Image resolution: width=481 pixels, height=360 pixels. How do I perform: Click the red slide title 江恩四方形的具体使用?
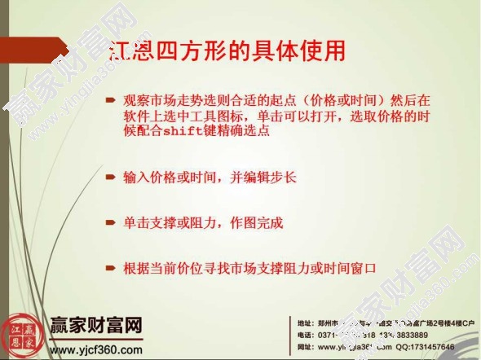coord(228,50)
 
